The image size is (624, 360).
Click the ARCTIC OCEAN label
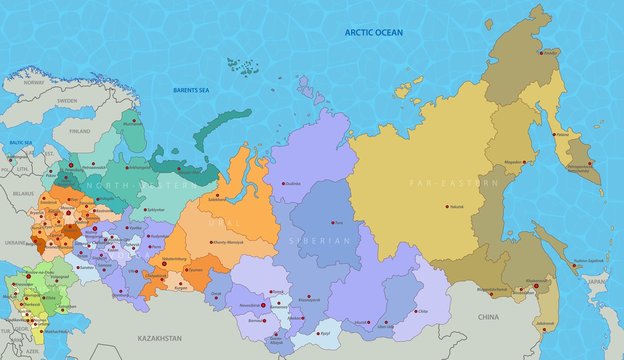pos(373,33)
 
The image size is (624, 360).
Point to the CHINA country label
pos(488,316)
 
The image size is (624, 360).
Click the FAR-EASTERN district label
pos(439,184)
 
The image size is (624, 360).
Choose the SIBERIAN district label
pos(321,241)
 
